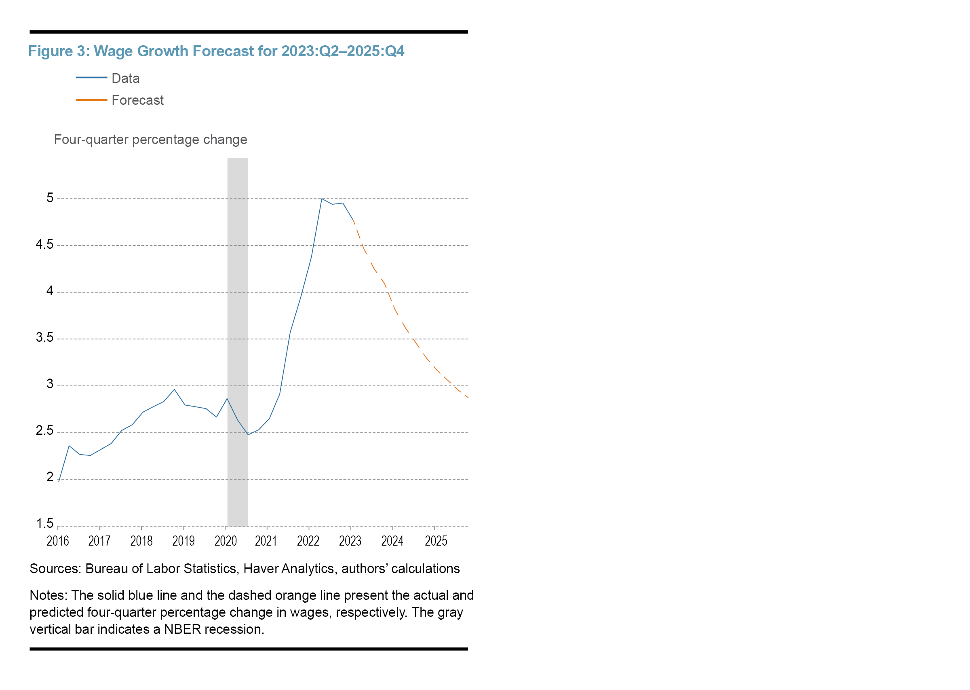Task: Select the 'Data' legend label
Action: coord(125,78)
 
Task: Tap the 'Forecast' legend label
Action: coord(137,100)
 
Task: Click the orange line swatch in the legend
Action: coord(91,100)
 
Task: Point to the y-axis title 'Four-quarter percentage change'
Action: coord(150,140)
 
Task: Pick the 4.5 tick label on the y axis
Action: coord(44,244)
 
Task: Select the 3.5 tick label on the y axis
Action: coord(44,337)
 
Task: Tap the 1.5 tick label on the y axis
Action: coord(44,523)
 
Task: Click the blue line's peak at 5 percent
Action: coord(322,199)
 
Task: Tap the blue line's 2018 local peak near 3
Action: coord(174,389)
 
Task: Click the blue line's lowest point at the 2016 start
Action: coord(59,481)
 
